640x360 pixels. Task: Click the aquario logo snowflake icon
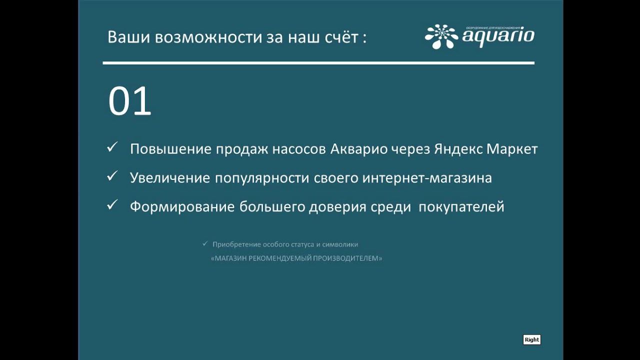[441, 36]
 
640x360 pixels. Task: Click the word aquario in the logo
[498, 36]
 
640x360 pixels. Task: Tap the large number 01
[129, 101]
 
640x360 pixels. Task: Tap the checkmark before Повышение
[112, 147]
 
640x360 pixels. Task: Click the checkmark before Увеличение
[112, 176]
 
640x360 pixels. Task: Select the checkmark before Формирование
[112, 205]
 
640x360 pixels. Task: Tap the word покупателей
[461, 206]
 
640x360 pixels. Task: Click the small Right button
[531, 340]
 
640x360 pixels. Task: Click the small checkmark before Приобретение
[205, 243]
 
